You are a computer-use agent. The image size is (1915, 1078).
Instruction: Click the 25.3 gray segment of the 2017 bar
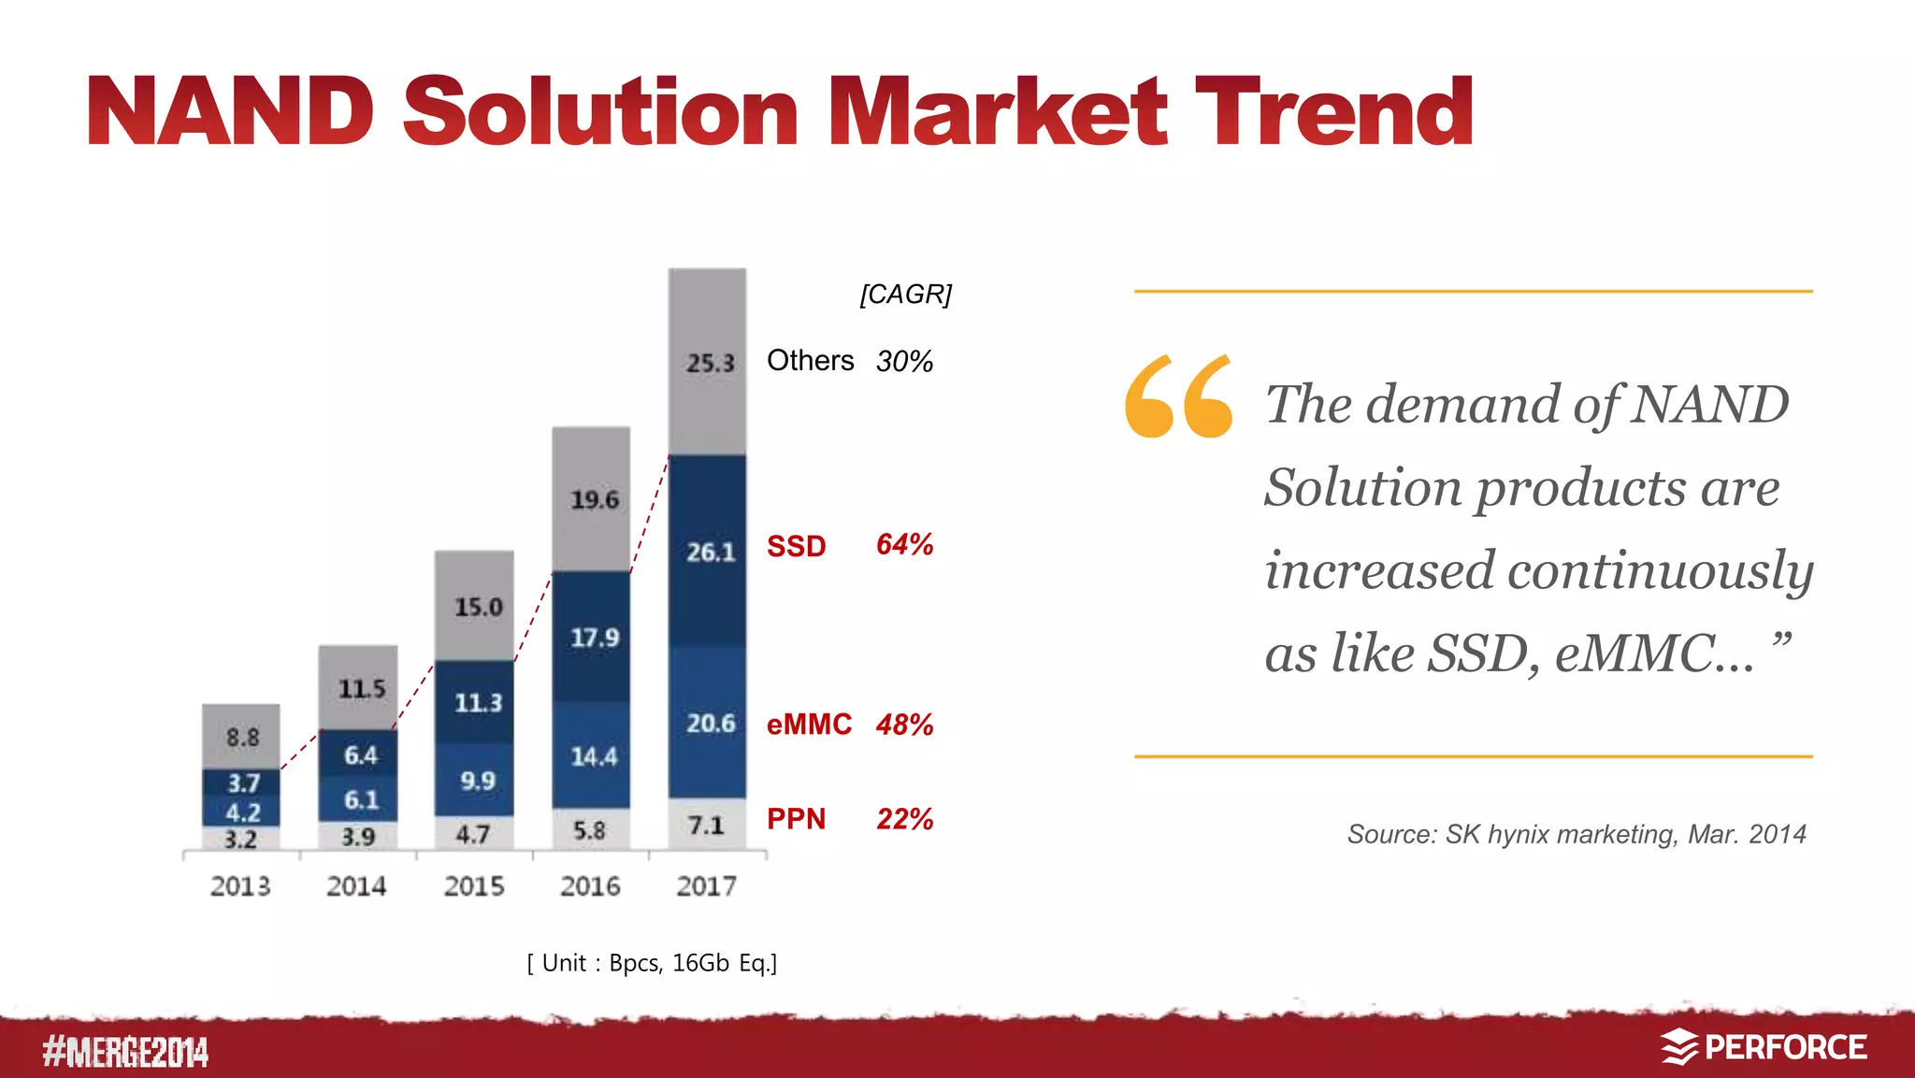[x=708, y=363]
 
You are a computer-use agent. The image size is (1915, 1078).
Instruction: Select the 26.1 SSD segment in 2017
[x=708, y=552]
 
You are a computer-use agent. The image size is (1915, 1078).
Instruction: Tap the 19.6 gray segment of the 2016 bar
[x=592, y=499]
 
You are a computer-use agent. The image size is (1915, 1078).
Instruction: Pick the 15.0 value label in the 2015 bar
[x=478, y=608]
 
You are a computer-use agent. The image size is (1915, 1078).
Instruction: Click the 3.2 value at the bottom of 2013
[x=240, y=840]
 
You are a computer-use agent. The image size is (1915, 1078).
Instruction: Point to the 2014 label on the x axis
[x=356, y=885]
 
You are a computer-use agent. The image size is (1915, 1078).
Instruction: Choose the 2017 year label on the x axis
[x=707, y=885]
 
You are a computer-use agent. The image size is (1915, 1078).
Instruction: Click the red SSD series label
[x=796, y=546]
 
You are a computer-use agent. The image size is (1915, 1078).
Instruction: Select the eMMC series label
[x=809, y=725]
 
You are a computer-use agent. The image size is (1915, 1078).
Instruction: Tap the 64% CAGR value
[x=904, y=544]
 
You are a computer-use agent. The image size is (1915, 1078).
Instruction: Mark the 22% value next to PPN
[x=904, y=819]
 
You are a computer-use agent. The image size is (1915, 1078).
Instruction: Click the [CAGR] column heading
[x=905, y=295]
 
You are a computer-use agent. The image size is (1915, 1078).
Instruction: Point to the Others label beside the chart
[x=810, y=361]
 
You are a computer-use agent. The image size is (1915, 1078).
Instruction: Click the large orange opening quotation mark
[x=1178, y=396]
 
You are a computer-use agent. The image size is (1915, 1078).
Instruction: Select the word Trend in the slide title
[x=1333, y=112]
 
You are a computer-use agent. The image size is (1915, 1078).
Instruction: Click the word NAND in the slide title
[x=231, y=112]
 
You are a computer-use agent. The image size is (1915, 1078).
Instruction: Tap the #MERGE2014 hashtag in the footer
[x=125, y=1052]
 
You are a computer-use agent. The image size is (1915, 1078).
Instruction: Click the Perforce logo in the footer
[x=1764, y=1047]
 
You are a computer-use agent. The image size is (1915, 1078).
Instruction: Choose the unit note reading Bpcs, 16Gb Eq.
[x=652, y=963]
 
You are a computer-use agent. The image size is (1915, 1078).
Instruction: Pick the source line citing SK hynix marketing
[x=1576, y=834]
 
